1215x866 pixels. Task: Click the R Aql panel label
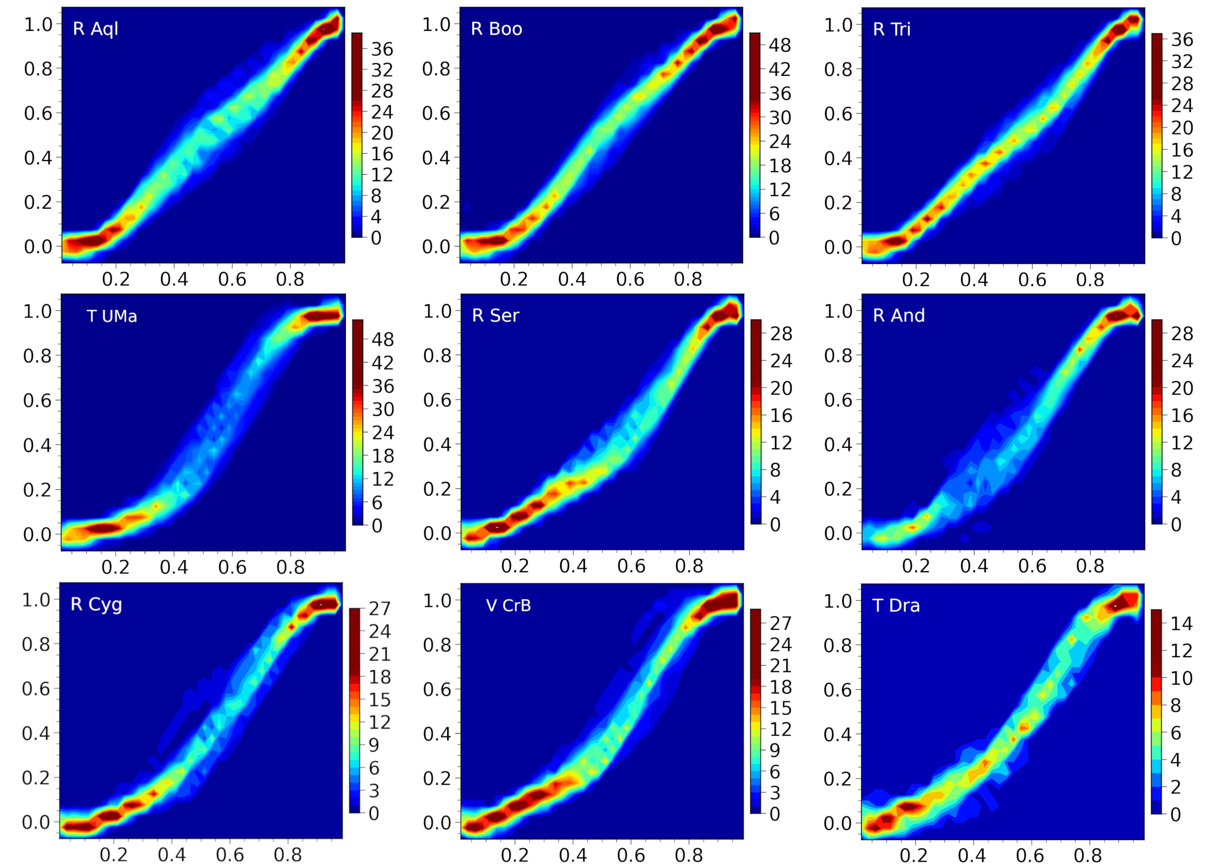(x=95, y=29)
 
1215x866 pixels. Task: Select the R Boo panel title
(x=496, y=29)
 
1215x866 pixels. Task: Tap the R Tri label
(x=891, y=29)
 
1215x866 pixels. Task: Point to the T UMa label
(x=112, y=316)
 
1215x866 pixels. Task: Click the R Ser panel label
(x=495, y=316)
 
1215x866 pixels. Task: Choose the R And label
(x=899, y=316)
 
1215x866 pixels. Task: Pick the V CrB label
(x=509, y=606)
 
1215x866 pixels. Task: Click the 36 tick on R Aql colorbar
(x=382, y=49)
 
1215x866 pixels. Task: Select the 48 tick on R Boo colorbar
(x=780, y=46)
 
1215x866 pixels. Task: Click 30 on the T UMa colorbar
(x=382, y=409)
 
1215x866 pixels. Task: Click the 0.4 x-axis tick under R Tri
(x=974, y=279)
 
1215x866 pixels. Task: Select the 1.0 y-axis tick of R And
(x=838, y=311)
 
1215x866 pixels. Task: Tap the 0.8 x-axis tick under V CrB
(x=688, y=855)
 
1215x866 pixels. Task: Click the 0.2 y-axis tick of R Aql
(x=38, y=202)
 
